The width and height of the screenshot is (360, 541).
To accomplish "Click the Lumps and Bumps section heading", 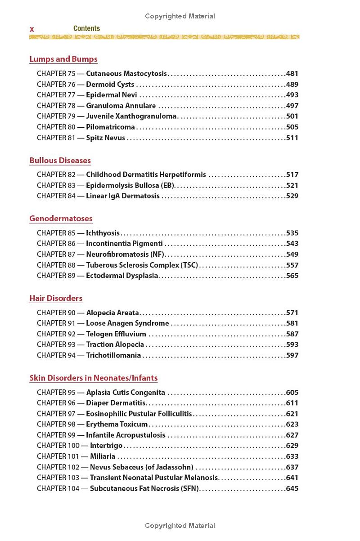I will (x=63, y=59).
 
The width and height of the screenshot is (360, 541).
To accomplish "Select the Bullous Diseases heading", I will (x=60, y=161).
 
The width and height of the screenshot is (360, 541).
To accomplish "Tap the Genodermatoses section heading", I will (x=61, y=219).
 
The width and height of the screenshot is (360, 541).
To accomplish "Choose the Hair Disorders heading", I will (x=56, y=298).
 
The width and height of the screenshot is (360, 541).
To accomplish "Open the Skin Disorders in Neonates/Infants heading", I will (x=94, y=378).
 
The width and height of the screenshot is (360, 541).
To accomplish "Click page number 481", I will (x=292, y=74).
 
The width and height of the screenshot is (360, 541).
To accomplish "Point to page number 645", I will (x=292, y=488).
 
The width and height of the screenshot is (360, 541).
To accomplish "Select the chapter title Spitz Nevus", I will (x=106, y=138).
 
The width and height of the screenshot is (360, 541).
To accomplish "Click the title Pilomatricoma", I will (x=110, y=127).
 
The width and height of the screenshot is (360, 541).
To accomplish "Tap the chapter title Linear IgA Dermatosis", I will (x=123, y=196).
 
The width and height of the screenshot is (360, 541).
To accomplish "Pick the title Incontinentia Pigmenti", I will (x=124, y=244).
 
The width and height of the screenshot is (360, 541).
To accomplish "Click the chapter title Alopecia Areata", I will (x=112, y=313).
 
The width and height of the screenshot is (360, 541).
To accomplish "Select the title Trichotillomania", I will (x=113, y=355).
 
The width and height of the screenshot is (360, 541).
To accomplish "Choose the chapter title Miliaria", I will (x=103, y=456).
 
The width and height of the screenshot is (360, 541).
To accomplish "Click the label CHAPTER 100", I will (x=58, y=446).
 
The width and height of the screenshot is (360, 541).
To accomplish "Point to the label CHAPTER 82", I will (x=56, y=175).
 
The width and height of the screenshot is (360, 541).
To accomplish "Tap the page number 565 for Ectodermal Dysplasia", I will (x=292, y=276).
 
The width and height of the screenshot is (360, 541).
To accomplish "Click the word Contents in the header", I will (x=86, y=28).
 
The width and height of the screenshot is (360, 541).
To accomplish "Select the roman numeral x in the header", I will (x=32, y=29).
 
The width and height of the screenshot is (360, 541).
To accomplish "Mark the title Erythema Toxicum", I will (x=117, y=425).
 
